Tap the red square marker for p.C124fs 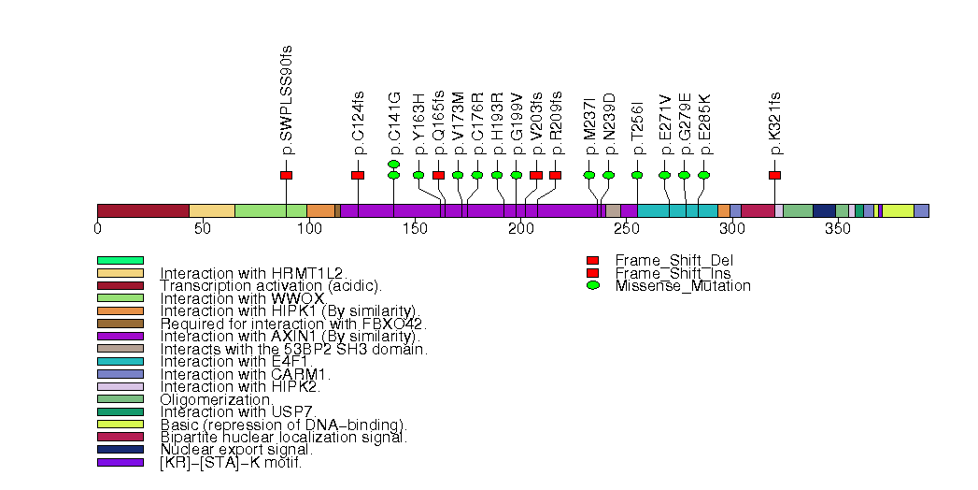click(358, 175)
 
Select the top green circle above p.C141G click(393, 164)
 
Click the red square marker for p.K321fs click(774, 175)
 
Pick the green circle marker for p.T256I click(637, 175)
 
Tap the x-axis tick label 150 click(415, 227)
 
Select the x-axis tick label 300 click(731, 227)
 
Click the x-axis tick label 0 click(98, 227)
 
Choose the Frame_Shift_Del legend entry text click(664, 260)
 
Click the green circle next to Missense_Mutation click(592, 285)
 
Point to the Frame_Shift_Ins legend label click(663, 273)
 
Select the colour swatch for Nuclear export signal click(120, 450)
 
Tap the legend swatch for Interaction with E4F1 click(120, 361)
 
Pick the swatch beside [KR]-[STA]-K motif click(120, 462)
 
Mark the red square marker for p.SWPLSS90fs click(286, 175)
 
